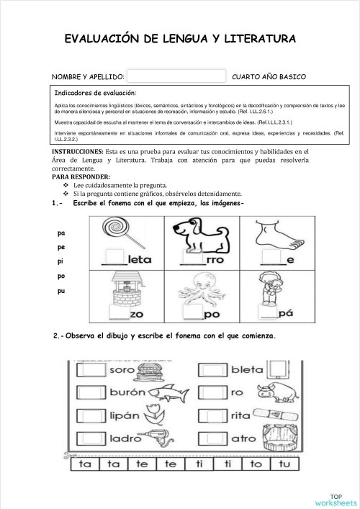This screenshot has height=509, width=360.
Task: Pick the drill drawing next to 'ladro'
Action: coord(155,437)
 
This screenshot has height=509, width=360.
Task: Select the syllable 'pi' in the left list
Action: coord(60,262)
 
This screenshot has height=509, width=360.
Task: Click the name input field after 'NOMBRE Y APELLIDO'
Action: coord(176,76)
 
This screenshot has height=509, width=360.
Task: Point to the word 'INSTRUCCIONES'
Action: coord(77,152)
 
